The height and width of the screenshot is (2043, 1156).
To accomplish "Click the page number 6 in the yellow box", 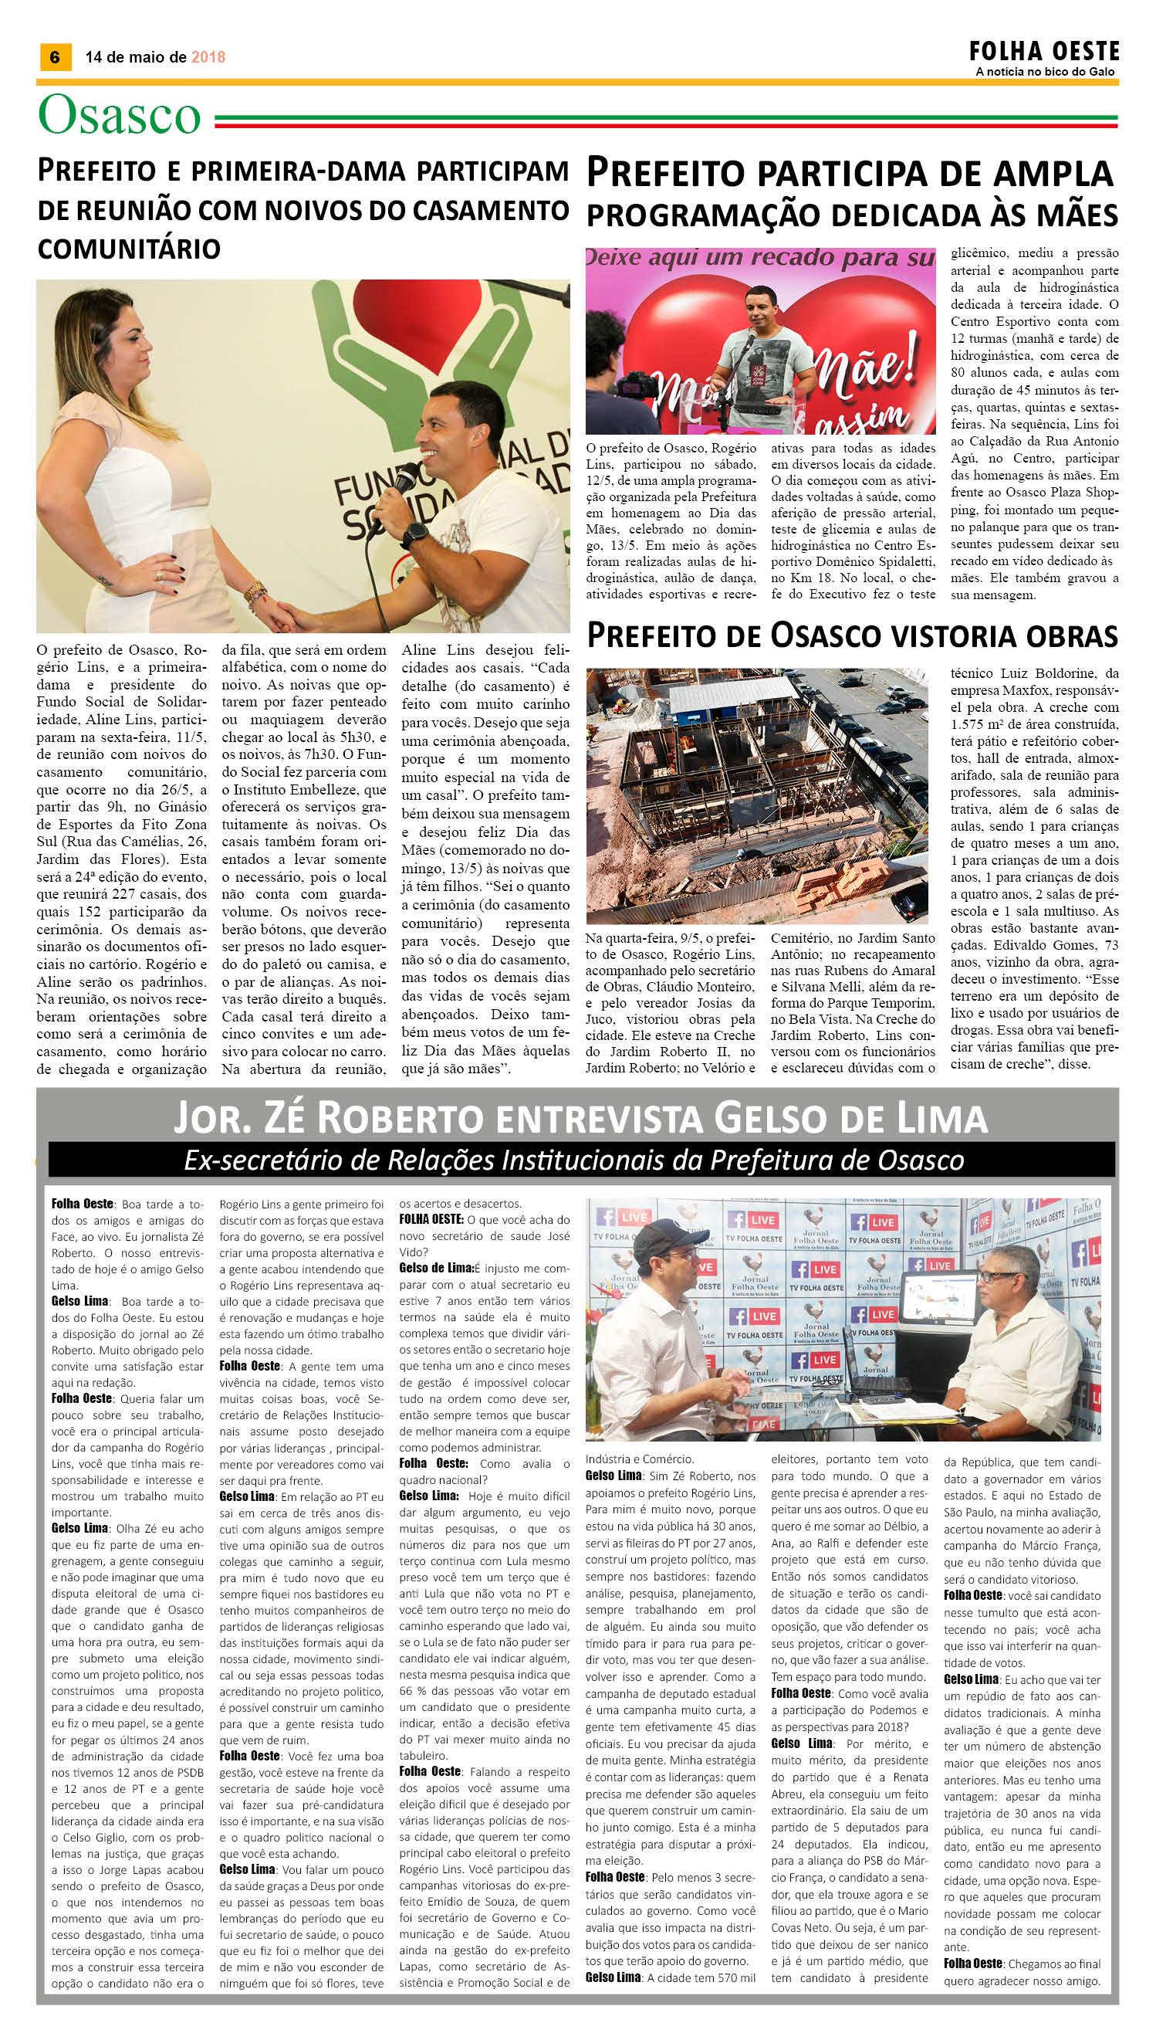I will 55,57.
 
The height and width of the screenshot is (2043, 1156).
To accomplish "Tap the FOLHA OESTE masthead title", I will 1043,53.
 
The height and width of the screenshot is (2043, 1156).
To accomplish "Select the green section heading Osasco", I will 119,116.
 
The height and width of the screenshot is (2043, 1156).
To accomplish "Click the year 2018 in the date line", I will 208,57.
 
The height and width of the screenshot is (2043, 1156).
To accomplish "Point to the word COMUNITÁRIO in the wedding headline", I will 129,249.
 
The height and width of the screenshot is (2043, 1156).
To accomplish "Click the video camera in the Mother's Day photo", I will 635,387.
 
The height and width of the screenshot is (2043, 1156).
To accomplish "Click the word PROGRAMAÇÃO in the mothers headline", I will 691,216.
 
